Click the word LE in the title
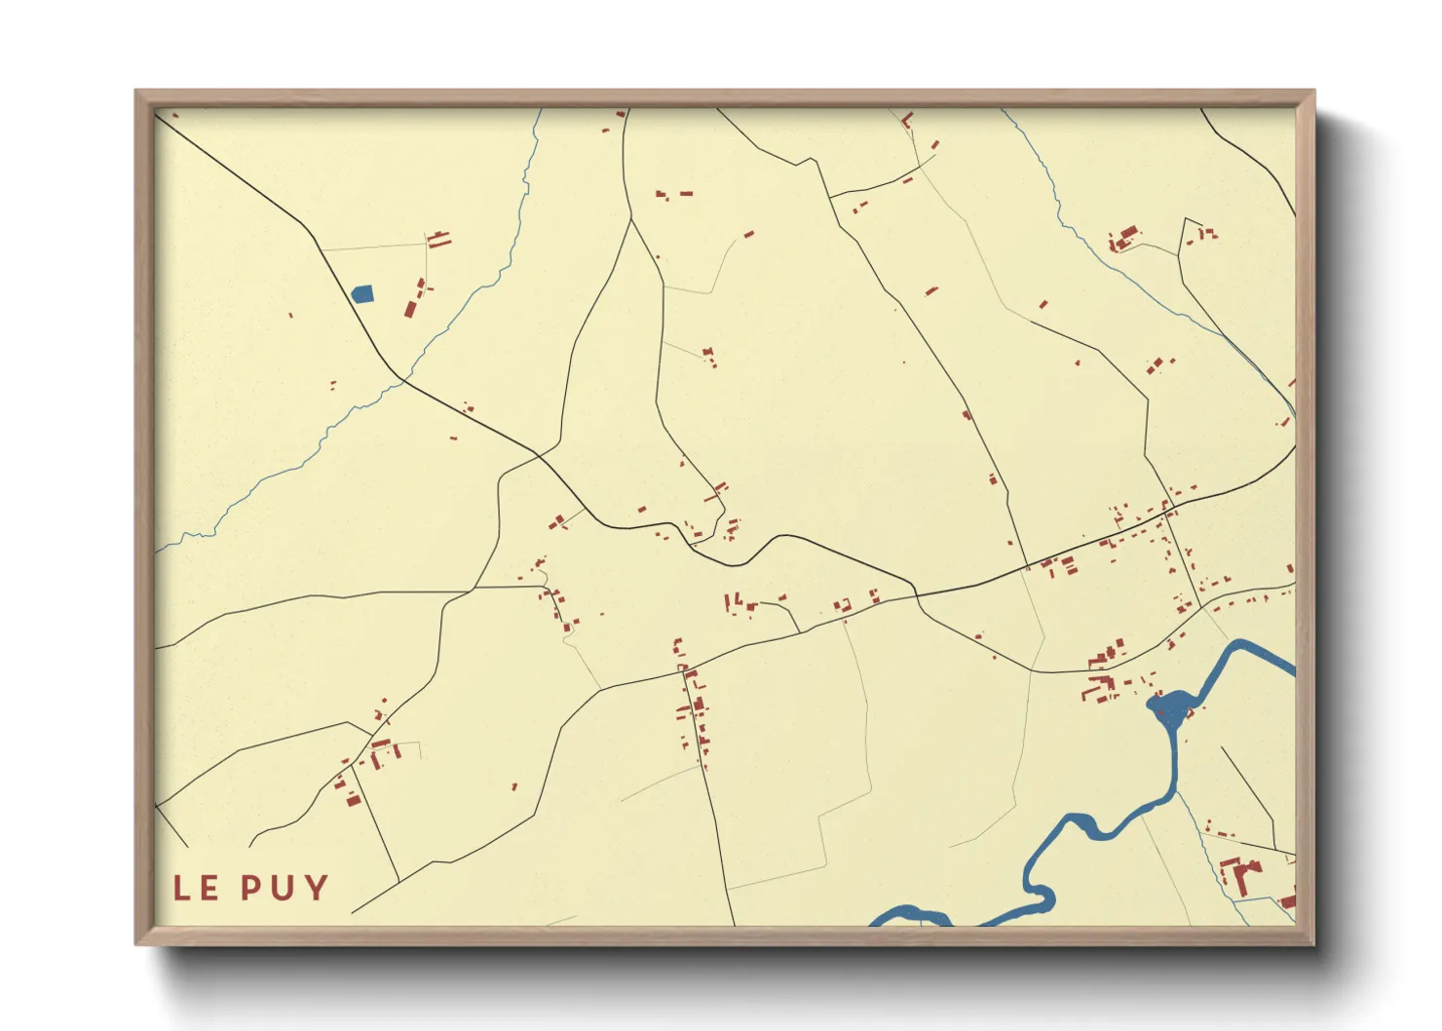[196, 888]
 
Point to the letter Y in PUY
[316, 888]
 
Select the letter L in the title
[182, 888]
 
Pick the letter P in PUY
[252, 888]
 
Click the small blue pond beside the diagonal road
[361, 293]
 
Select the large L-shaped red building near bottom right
[1239, 873]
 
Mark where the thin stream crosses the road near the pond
[401, 381]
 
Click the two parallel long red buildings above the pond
[440, 238]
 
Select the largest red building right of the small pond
[411, 308]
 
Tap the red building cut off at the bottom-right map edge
[1288, 901]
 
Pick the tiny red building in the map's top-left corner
[174, 116]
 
